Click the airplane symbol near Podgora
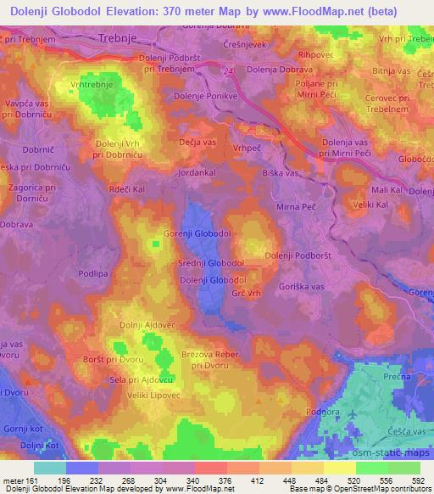tap(334, 413)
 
